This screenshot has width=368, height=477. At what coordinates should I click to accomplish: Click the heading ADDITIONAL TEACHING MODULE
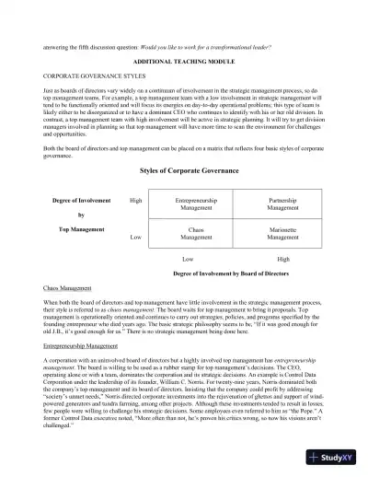pyautogui.click(x=183, y=58)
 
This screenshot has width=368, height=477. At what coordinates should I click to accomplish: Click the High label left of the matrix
pyautogui.click(x=135, y=200)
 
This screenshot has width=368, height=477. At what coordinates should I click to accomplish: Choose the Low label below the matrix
pyautogui.click(x=188, y=261)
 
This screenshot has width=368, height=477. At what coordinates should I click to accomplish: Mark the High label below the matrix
pyautogui.click(x=283, y=261)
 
